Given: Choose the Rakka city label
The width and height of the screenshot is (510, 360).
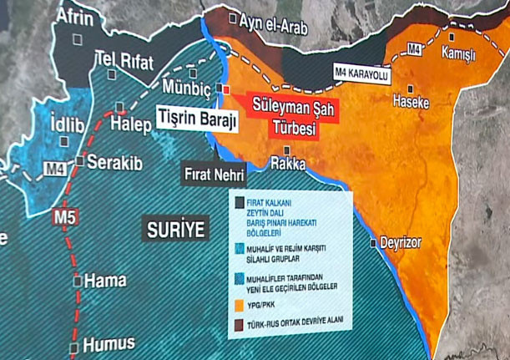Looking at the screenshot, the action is click(288, 164).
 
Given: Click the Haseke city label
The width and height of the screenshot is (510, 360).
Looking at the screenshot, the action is click(411, 102).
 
